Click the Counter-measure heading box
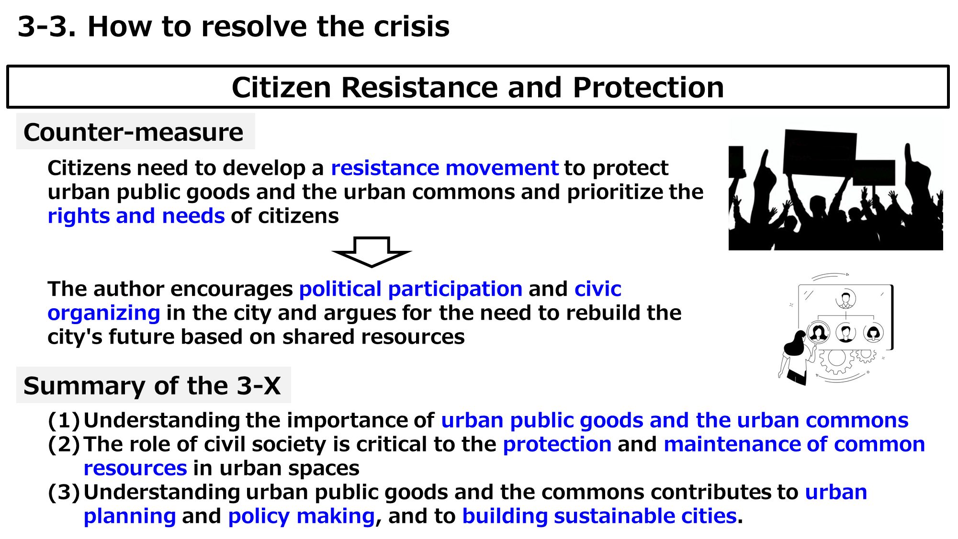135,132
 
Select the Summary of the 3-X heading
153,385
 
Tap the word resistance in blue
385,168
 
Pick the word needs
193,216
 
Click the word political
340,289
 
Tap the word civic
598,289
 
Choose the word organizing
104,314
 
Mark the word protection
557,445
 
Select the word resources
135,469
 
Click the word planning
130,517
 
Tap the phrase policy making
302,517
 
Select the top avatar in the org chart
845,298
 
